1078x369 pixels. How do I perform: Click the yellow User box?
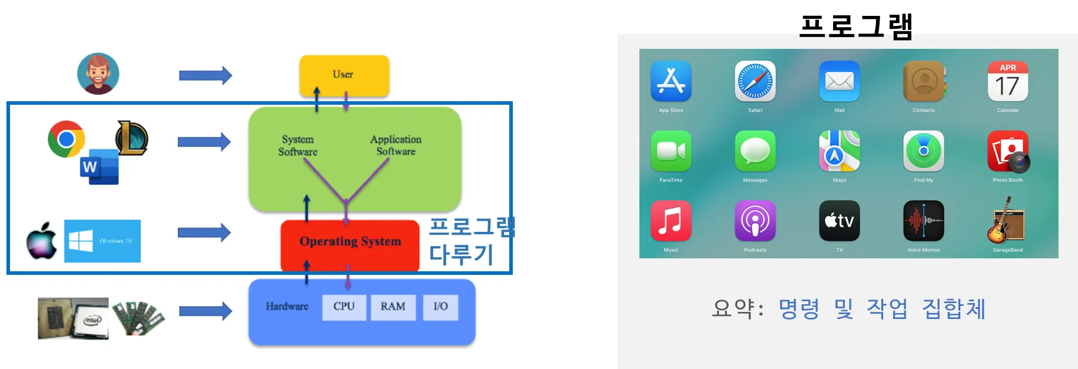click(344, 75)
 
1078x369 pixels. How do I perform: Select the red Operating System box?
click(350, 242)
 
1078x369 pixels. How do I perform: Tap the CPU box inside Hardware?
click(344, 307)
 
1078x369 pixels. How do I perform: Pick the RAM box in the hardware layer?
click(393, 307)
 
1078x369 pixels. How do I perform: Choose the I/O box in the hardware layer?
click(440, 307)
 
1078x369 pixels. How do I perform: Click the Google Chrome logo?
click(66, 139)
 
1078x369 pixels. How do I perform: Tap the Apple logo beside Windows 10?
click(42, 240)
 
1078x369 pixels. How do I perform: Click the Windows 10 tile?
click(102, 241)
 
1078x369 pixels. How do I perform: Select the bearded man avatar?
click(98, 74)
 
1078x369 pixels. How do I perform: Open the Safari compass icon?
click(755, 81)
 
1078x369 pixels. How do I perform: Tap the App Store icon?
click(671, 81)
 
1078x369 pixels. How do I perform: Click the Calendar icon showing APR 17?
click(1007, 81)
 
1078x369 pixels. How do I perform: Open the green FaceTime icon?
click(671, 151)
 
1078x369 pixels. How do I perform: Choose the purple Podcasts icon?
click(755, 221)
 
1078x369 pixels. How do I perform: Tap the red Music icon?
click(671, 221)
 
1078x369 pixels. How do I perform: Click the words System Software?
click(298, 145)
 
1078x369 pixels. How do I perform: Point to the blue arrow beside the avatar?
click(205, 75)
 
